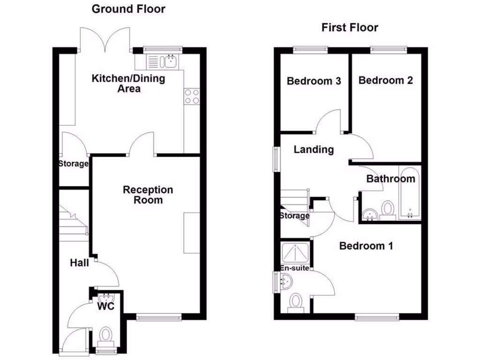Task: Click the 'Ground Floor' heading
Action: pyautogui.click(x=128, y=9)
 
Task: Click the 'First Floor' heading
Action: pyautogui.click(x=350, y=28)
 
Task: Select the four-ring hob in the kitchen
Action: pyautogui.click(x=191, y=97)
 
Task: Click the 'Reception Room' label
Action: pyautogui.click(x=148, y=195)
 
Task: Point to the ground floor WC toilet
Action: pyautogui.click(x=106, y=336)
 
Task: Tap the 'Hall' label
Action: pyautogui.click(x=79, y=263)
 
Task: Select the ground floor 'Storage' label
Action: pyautogui.click(x=73, y=164)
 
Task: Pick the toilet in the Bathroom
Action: pyautogui.click(x=388, y=209)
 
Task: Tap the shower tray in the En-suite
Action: pyautogui.click(x=295, y=254)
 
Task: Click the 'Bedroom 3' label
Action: pyautogui.click(x=314, y=81)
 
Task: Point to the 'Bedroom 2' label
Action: pyautogui.click(x=385, y=80)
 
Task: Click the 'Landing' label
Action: pyautogui.click(x=314, y=150)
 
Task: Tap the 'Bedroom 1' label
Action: pyautogui.click(x=366, y=246)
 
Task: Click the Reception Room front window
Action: pyautogui.click(x=159, y=317)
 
